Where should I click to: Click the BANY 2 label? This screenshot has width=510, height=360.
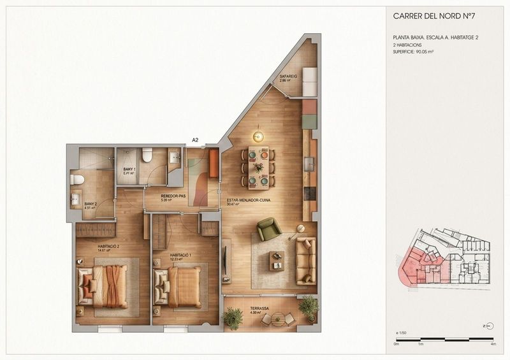[91, 205]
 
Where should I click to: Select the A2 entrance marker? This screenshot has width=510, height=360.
[196, 139]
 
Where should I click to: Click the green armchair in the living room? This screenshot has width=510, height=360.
[268, 229]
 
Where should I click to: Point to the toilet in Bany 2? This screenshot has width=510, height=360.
[76, 179]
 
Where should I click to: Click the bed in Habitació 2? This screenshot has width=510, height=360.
[105, 286]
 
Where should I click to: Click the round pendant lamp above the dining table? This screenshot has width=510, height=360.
[258, 136]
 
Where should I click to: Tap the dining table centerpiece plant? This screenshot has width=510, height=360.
[259, 168]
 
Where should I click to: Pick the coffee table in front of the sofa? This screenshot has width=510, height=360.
[277, 261]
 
